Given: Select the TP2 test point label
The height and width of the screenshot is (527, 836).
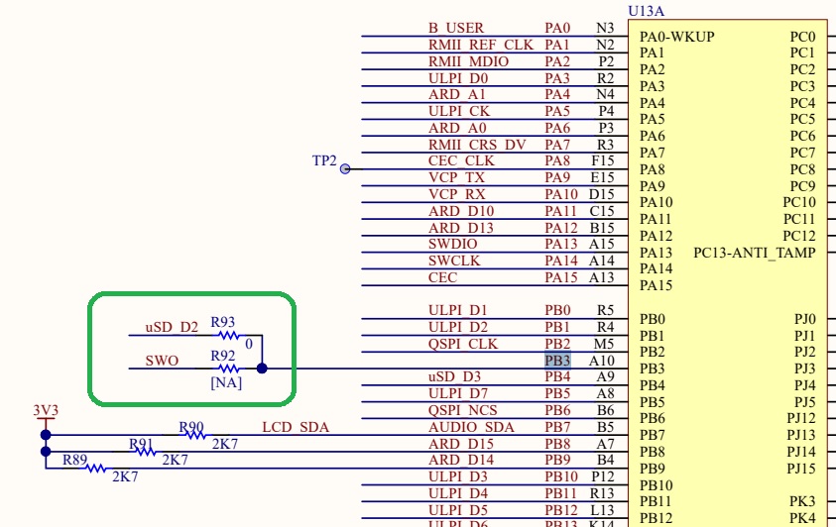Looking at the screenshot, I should pos(324,160).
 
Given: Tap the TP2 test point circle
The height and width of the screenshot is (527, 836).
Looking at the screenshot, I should pos(345,168).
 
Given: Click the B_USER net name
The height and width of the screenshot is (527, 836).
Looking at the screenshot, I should pos(456,28).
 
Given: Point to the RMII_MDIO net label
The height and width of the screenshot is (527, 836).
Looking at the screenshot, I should pos(468,61).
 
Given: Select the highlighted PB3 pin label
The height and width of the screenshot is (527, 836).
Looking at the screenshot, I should pos(557,360).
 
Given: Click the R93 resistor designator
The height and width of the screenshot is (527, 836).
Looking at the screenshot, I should pos(223,322).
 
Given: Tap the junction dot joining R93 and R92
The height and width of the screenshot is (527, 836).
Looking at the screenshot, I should pos(262,369).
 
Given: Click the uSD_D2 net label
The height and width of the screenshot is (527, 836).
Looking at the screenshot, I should pos(172,327).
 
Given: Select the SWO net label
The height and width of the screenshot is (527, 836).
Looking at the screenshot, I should pos(162,361).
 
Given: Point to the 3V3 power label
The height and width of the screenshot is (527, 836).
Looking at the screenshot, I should pos(46,409).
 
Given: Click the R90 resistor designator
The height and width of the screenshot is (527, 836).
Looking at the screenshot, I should pos(191,427).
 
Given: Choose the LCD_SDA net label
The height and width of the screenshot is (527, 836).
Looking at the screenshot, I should pos(296,427).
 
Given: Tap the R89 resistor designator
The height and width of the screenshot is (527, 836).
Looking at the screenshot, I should pos(75,460).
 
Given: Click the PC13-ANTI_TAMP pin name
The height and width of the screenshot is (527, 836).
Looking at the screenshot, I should pos(755,253).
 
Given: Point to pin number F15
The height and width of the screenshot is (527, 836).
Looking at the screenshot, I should pos(602,160).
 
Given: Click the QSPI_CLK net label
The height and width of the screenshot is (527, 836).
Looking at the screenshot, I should pos(463,344).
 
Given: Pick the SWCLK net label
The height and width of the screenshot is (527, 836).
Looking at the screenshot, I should pos(453,261).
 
